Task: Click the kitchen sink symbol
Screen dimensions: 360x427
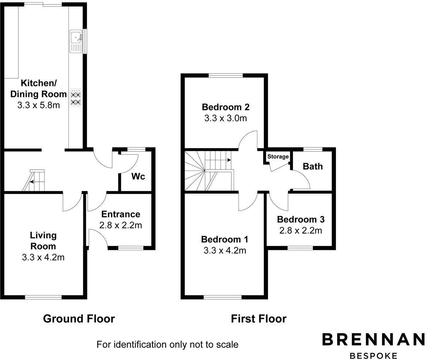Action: pyautogui.click(x=76, y=41)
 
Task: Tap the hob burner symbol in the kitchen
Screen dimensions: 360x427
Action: pyautogui.click(x=76, y=98)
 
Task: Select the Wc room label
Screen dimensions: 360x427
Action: pyautogui.click(x=138, y=176)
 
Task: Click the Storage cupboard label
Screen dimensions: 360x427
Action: pyautogui.click(x=278, y=157)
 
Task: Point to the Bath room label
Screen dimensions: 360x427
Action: pyautogui.click(x=313, y=166)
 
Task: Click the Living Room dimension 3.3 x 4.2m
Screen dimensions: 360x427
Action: pyautogui.click(x=43, y=257)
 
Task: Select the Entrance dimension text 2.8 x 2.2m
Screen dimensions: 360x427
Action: pyautogui.click(x=121, y=225)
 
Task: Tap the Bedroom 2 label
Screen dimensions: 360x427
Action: pyautogui.click(x=226, y=107)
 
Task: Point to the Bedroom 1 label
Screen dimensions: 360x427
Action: pyautogui.click(x=225, y=239)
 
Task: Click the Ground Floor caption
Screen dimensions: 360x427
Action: pyautogui.click(x=79, y=319)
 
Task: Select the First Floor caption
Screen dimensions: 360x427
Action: pyautogui.click(x=258, y=319)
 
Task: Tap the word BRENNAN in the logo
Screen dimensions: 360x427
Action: pyautogui.click(x=373, y=339)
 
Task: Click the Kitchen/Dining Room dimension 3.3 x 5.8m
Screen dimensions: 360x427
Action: pyautogui.click(x=39, y=105)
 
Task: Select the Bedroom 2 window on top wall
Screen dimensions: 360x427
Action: pyautogui.click(x=226, y=76)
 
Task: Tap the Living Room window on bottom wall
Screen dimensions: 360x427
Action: pyautogui.click(x=43, y=297)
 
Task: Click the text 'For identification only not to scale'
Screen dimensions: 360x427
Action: pyautogui.click(x=167, y=344)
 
